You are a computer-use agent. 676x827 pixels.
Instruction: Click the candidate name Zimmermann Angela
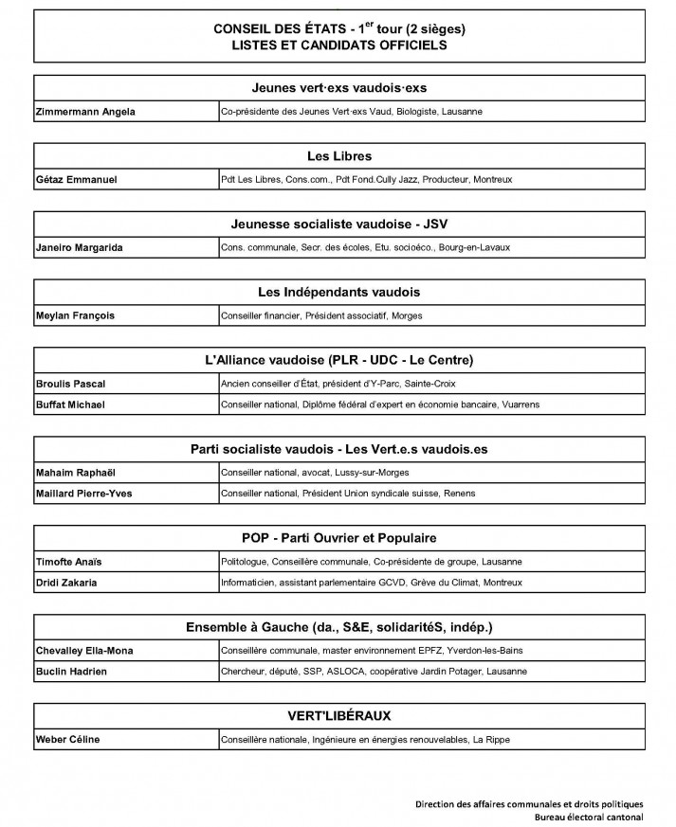click(x=84, y=112)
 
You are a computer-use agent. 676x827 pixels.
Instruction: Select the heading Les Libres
click(x=338, y=155)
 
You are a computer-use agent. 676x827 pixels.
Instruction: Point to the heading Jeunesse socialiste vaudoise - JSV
click(x=338, y=224)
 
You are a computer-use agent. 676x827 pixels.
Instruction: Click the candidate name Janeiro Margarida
click(x=79, y=248)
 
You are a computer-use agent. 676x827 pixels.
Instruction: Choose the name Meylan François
click(x=74, y=316)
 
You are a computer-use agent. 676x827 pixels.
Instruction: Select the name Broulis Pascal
click(x=70, y=384)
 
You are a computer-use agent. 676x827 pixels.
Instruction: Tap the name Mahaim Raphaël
click(x=73, y=472)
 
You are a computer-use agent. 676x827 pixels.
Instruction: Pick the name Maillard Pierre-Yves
click(x=82, y=493)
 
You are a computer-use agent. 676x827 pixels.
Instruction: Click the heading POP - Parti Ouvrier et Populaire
click(x=338, y=538)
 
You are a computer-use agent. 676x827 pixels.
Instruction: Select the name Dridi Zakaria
click(x=67, y=582)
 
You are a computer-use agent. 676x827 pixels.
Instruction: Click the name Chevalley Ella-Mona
click(x=83, y=650)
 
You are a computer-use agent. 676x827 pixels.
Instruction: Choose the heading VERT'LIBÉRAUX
click(x=338, y=715)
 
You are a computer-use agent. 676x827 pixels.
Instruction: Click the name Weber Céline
click(x=67, y=739)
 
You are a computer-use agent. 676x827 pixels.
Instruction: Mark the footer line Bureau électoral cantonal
click(x=588, y=817)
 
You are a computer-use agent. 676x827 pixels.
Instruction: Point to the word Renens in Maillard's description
click(x=461, y=493)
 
